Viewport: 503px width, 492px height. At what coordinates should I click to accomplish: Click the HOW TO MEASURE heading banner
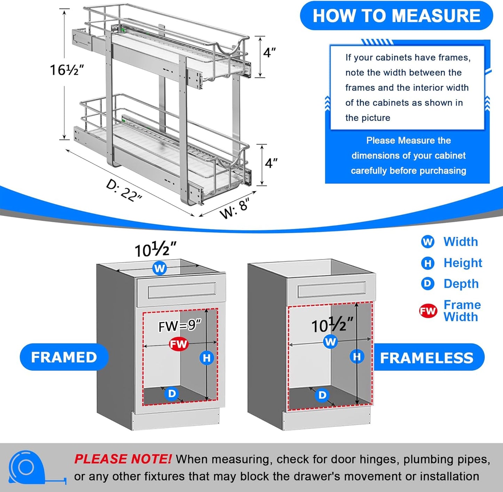point(396,16)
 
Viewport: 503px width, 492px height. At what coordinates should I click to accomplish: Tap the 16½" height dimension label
point(66,70)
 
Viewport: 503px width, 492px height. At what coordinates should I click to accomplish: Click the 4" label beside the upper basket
point(269,53)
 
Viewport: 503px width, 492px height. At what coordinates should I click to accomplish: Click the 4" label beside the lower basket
point(271,163)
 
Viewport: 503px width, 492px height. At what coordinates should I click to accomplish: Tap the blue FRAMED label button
point(64,357)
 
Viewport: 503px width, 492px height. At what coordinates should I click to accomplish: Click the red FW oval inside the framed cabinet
point(179,344)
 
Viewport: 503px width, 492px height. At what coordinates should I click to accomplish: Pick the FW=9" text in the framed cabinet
point(180,326)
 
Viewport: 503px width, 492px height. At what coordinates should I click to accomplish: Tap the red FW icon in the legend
point(428,311)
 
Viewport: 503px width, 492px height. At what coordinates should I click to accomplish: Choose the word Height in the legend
point(463,263)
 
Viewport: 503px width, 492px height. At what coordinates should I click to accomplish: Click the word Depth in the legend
point(461,284)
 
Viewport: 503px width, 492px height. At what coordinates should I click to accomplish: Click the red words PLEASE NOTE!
point(123,459)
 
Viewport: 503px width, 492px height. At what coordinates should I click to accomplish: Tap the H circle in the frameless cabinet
point(357,357)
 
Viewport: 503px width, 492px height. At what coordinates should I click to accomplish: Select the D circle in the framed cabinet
point(172,394)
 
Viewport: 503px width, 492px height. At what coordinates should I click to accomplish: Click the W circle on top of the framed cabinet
point(159,268)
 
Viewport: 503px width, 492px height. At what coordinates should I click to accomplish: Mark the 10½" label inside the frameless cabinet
point(332,326)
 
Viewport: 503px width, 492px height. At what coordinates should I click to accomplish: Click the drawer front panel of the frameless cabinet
point(331,289)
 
